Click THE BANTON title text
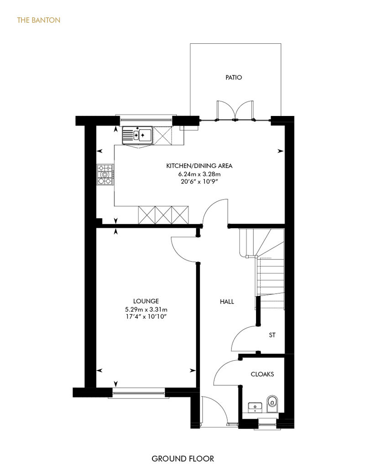click(39, 20)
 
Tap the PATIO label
click(234, 78)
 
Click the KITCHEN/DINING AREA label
click(199, 166)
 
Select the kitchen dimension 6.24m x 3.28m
click(199, 174)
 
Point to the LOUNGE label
click(146, 301)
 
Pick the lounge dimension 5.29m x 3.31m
click(146, 309)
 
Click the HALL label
click(227, 301)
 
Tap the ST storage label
click(272, 335)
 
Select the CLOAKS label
click(262, 374)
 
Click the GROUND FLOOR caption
click(182, 459)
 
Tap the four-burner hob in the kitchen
click(105, 174)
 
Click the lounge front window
click(139, 393)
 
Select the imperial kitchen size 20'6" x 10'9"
click(199, 182)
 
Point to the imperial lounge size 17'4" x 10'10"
click(146, 317)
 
